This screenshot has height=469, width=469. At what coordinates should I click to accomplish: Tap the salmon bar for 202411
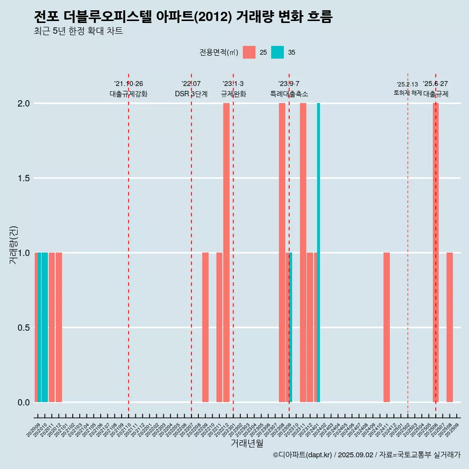[386, 327]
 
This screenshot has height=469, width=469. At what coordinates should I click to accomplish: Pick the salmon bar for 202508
[449, 327]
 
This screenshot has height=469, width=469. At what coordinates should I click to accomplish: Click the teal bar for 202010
[44, 327]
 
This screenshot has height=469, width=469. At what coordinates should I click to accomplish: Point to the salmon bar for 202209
[205, 327]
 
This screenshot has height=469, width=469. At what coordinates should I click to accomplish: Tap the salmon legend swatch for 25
[249, 52]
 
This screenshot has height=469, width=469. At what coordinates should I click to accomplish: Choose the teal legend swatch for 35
[277, 52]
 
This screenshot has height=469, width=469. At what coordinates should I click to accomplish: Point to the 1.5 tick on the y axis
[24, 178]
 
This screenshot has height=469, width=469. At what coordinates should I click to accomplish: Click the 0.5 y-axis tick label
[24, 328]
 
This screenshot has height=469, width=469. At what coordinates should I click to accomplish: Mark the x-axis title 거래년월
[247, 444]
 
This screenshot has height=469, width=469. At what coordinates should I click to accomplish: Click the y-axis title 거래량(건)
[14, 245]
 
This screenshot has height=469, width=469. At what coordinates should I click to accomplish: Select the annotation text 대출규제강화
[128, 94]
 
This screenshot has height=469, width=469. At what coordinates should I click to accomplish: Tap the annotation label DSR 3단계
[191, 94]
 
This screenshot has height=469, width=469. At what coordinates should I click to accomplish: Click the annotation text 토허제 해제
[407, 92]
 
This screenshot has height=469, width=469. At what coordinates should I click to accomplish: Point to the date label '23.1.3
[233, 84]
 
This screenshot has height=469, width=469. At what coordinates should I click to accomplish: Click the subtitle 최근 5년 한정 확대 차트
[78, 31]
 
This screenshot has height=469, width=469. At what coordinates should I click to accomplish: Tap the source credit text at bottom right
[366, 455]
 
